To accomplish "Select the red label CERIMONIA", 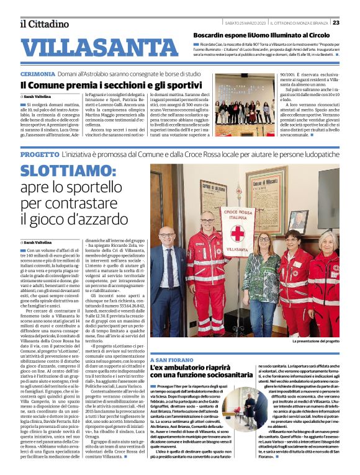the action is coord(40,73).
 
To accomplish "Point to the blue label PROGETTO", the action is coord(39,153).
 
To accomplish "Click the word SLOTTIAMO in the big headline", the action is coord(75,172).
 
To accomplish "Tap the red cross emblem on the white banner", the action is coord(237,234).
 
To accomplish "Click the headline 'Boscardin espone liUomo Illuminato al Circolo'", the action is coord(261,35).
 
